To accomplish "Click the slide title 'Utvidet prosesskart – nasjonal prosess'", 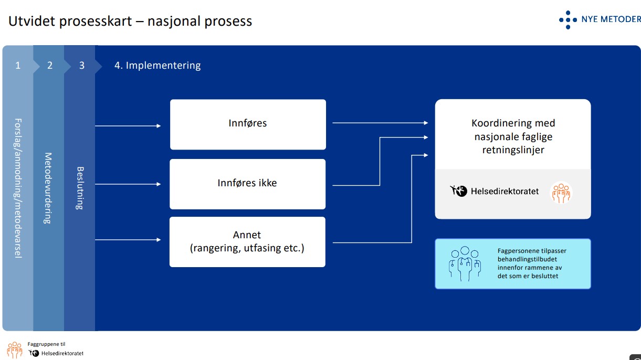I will pos(130,22).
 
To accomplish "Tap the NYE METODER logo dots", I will pos(568,19).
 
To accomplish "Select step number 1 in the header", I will pos(18,66).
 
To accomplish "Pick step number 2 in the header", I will pos(50,66).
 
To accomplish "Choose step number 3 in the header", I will pos(81,66).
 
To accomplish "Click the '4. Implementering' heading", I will pos(157,66).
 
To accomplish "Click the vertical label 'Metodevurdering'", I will pos(48,188).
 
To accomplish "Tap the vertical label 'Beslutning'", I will pos(80,188).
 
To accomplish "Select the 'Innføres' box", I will pos(248,124).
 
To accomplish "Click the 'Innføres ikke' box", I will pos(247,184).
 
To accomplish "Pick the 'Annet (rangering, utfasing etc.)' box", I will pos(247,241).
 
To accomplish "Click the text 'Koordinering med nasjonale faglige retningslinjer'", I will pos(513,136).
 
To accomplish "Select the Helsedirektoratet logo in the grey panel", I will pos(495,191).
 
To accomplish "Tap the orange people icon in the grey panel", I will pos(561,193).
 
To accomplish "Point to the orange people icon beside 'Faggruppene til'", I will pos(15,350).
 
